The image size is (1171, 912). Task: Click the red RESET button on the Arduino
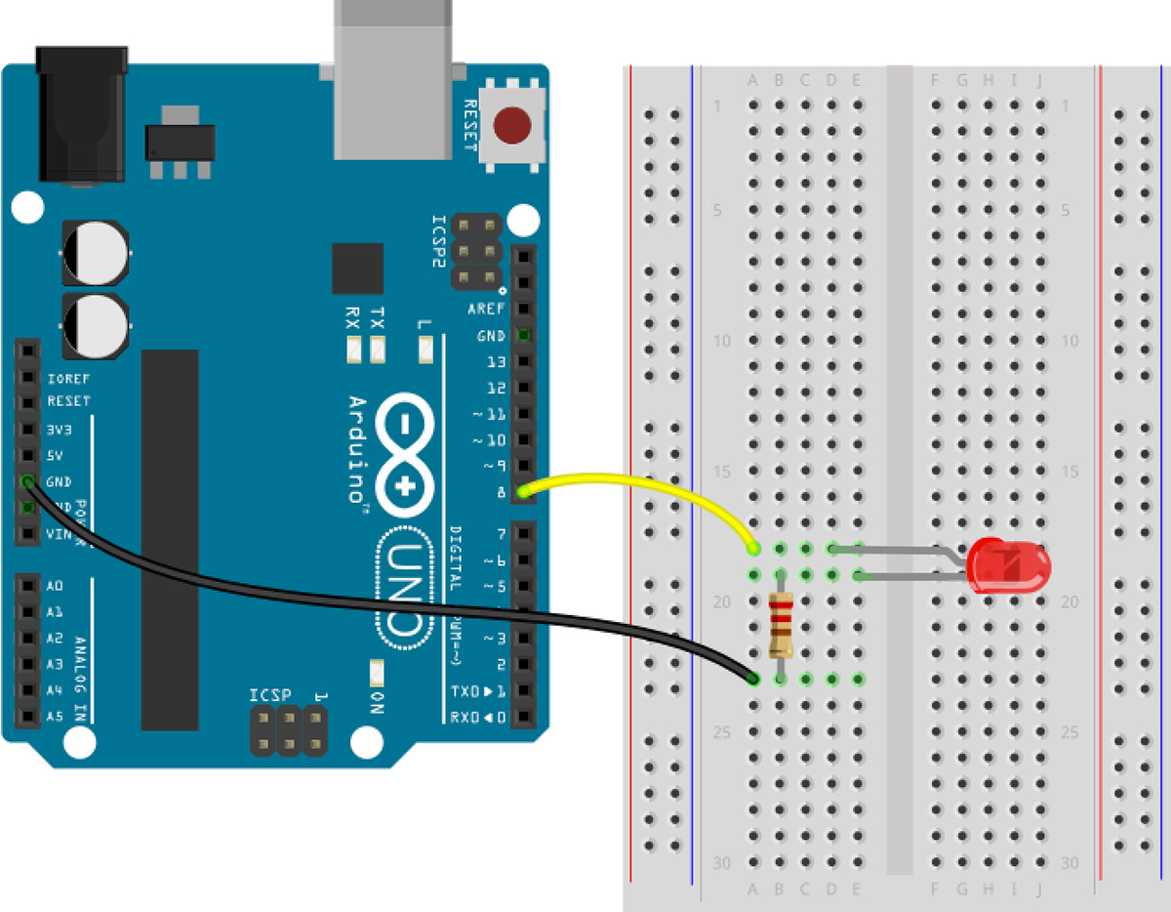[x=512, y=126]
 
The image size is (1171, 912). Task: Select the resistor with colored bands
[x=780, y=625]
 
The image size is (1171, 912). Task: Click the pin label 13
[x=496, y=361]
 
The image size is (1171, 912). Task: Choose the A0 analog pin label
[x=55, y=586]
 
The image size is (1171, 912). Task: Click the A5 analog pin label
[x=55, y=717]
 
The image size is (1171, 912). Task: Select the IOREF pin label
[x=68, y=378]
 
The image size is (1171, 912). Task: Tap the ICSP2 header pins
[x=476, y=252]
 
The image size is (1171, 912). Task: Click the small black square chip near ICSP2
[x=357, y=269]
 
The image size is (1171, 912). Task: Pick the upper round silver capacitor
[x=95, y=252]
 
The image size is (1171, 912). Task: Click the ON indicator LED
[x=377, y=673]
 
